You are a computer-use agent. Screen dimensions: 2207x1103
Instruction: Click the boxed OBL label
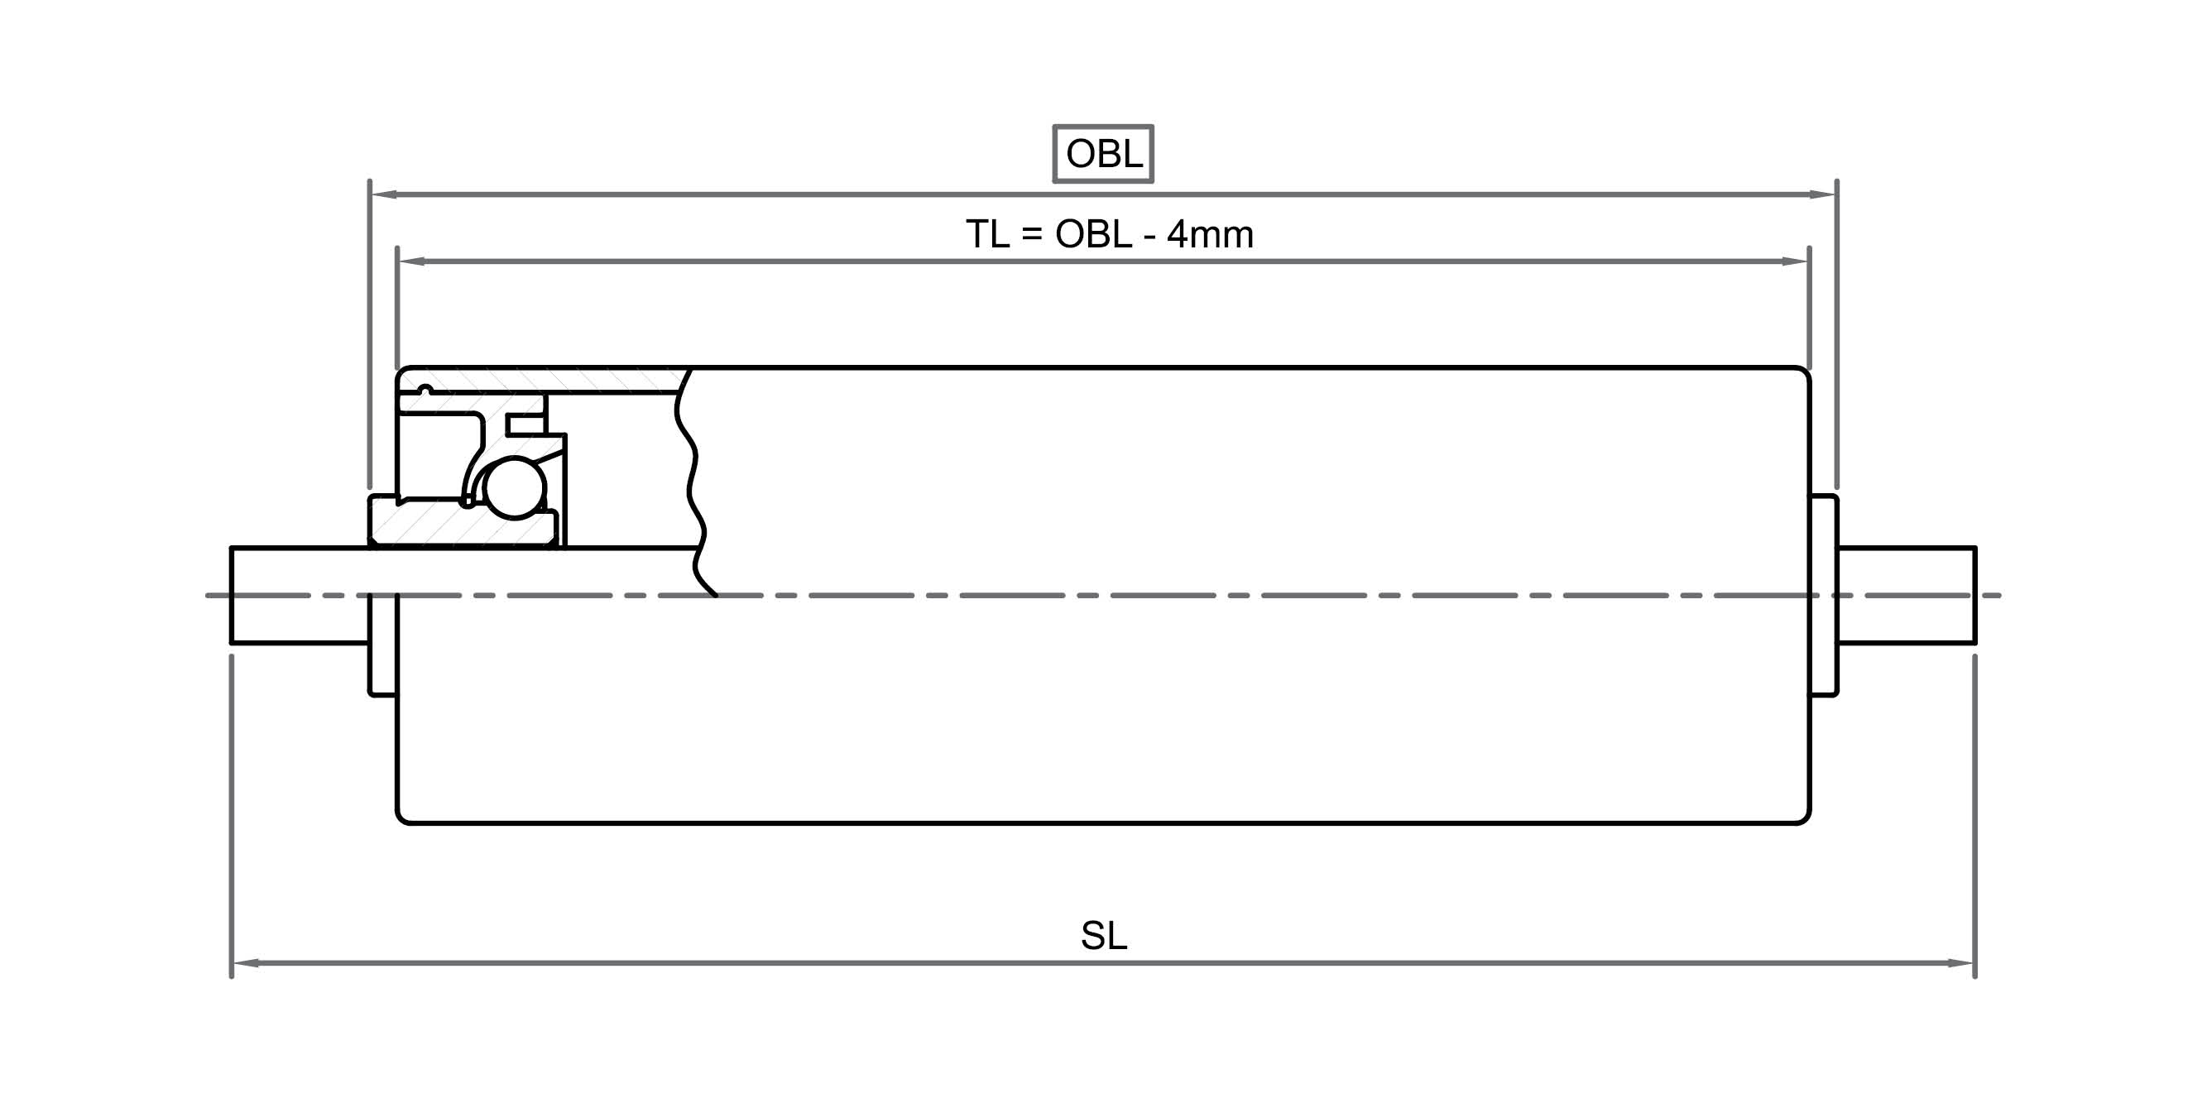1104,154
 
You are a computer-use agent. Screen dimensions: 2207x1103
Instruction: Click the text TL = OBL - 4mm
1110,234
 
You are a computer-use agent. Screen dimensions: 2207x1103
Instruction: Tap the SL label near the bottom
1104,936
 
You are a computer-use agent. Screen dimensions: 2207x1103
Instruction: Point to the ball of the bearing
514,488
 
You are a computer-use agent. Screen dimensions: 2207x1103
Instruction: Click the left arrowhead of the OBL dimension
383,194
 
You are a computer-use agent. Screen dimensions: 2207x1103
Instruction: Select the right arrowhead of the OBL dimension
1822,194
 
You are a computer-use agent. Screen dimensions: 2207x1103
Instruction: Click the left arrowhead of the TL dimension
411,261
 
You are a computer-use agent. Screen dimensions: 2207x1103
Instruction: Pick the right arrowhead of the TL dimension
1795,261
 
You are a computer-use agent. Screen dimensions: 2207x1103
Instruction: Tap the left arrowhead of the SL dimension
246,963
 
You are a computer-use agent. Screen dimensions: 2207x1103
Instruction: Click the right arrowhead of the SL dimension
1961,963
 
